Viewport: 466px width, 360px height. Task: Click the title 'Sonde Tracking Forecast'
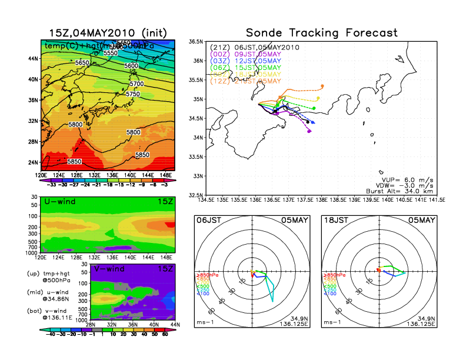[x=321, y=32]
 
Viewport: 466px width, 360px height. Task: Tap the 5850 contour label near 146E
[x=142, y=155]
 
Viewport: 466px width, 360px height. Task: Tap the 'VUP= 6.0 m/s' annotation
[x=407, y=175]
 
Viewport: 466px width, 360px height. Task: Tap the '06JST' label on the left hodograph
[x=209, y=219]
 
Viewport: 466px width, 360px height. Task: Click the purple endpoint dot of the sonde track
[x=309, y=131]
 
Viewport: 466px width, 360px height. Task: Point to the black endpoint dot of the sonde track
[x=308, y=122]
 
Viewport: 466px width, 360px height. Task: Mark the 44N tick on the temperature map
[x=33, y=59]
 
